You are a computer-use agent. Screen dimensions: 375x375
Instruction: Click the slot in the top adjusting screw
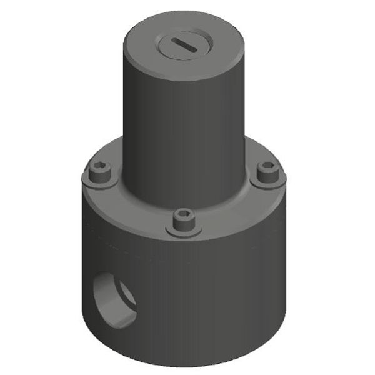point(185,45)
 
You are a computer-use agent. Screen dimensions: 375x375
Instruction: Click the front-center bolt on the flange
point(184,219)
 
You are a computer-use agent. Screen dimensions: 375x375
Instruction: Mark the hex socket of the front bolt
point(184,216)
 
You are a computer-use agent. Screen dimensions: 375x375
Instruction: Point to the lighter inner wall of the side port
point(126,296)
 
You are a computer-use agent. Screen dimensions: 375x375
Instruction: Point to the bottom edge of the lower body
point(187,365)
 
